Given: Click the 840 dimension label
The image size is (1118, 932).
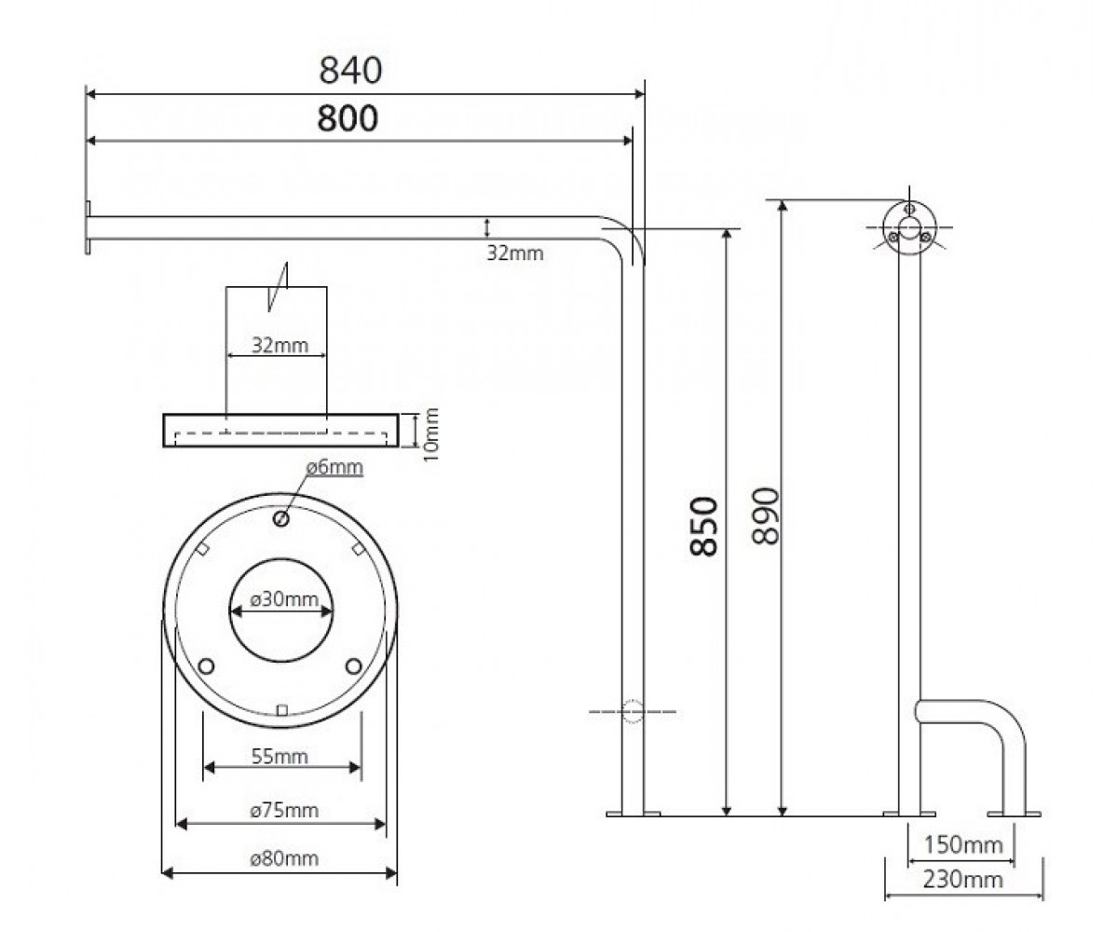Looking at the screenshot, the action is pos(350,70).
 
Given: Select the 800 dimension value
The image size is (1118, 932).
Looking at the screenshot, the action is pos(348,118).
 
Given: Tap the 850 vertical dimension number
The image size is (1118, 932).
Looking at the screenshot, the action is pos(703,528).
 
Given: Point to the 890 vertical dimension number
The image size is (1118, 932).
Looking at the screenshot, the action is pos(766,515).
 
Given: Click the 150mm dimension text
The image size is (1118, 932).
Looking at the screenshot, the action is pos(963,845).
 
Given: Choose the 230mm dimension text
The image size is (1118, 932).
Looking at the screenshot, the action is pos(962,880).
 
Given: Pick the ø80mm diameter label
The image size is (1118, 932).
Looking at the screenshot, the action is pos(284,858).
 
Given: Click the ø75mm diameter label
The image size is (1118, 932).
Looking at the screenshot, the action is pos(284,811).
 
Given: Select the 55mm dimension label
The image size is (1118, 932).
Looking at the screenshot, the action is pos(279,756).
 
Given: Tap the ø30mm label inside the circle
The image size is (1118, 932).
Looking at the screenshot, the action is pos(284,599).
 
